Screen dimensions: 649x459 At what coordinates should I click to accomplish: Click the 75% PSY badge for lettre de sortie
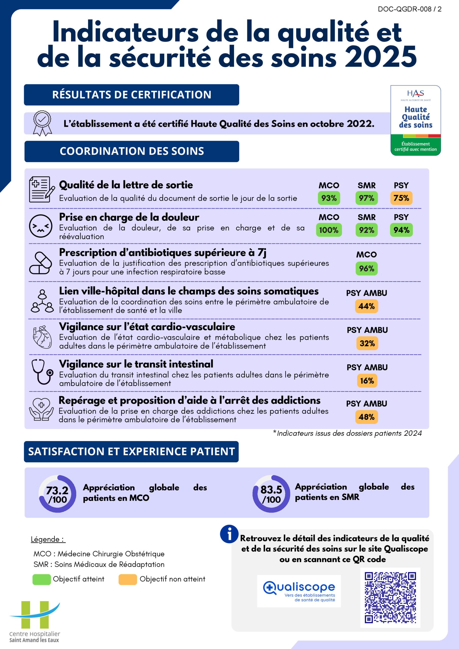(x=401, y=198)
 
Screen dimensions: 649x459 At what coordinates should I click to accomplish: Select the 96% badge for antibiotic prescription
(x=366, y=268)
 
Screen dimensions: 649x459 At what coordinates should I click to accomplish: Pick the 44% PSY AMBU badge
(x=366, y=306)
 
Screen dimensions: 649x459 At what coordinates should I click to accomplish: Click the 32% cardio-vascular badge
(x=367, y=344)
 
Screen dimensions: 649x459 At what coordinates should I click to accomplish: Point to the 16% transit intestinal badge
(x=367, y=381)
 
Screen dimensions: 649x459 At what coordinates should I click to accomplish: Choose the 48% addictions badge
(x=366, y=417)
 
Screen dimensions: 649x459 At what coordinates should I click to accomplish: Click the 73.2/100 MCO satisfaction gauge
(x=57, y=494)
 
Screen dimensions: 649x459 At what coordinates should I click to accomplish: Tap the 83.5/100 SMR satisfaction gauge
(x=271, y=494)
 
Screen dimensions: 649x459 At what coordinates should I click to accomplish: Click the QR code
(x=390, y=598)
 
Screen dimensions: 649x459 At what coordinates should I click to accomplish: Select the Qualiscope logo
(x=299, y=591)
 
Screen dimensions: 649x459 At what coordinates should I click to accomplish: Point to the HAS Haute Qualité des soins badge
(x=415, y=120)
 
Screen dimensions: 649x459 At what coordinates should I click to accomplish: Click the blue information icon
(x=229, y=534)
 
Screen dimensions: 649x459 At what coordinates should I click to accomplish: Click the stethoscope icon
(x=42, y=371)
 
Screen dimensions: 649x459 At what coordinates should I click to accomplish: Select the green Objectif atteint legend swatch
(x=42, y=579)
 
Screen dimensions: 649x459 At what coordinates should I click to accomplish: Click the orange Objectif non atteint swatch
(x=128, y=579)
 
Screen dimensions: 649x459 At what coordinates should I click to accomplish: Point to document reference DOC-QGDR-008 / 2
(x=409, y=9)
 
